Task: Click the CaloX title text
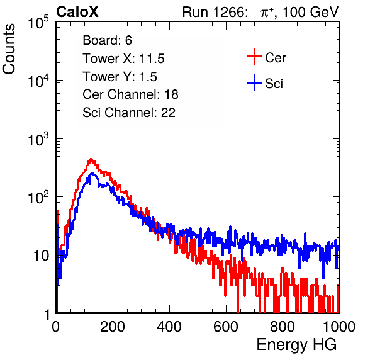77,12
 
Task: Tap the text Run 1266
213,12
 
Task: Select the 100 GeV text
311,12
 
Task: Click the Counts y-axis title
9,49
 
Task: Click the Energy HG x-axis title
296,345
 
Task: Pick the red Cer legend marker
254,57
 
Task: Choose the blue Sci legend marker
254,83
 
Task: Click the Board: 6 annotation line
107,40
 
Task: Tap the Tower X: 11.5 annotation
123,59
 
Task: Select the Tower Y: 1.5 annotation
120,77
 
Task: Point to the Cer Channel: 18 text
130,94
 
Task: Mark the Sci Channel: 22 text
129,113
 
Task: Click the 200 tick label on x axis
113,327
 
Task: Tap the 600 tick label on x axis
226,327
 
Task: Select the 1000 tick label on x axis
339,327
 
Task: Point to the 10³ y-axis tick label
42,139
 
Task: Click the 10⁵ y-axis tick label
42,23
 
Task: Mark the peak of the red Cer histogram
91,159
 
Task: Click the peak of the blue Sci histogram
92,173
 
